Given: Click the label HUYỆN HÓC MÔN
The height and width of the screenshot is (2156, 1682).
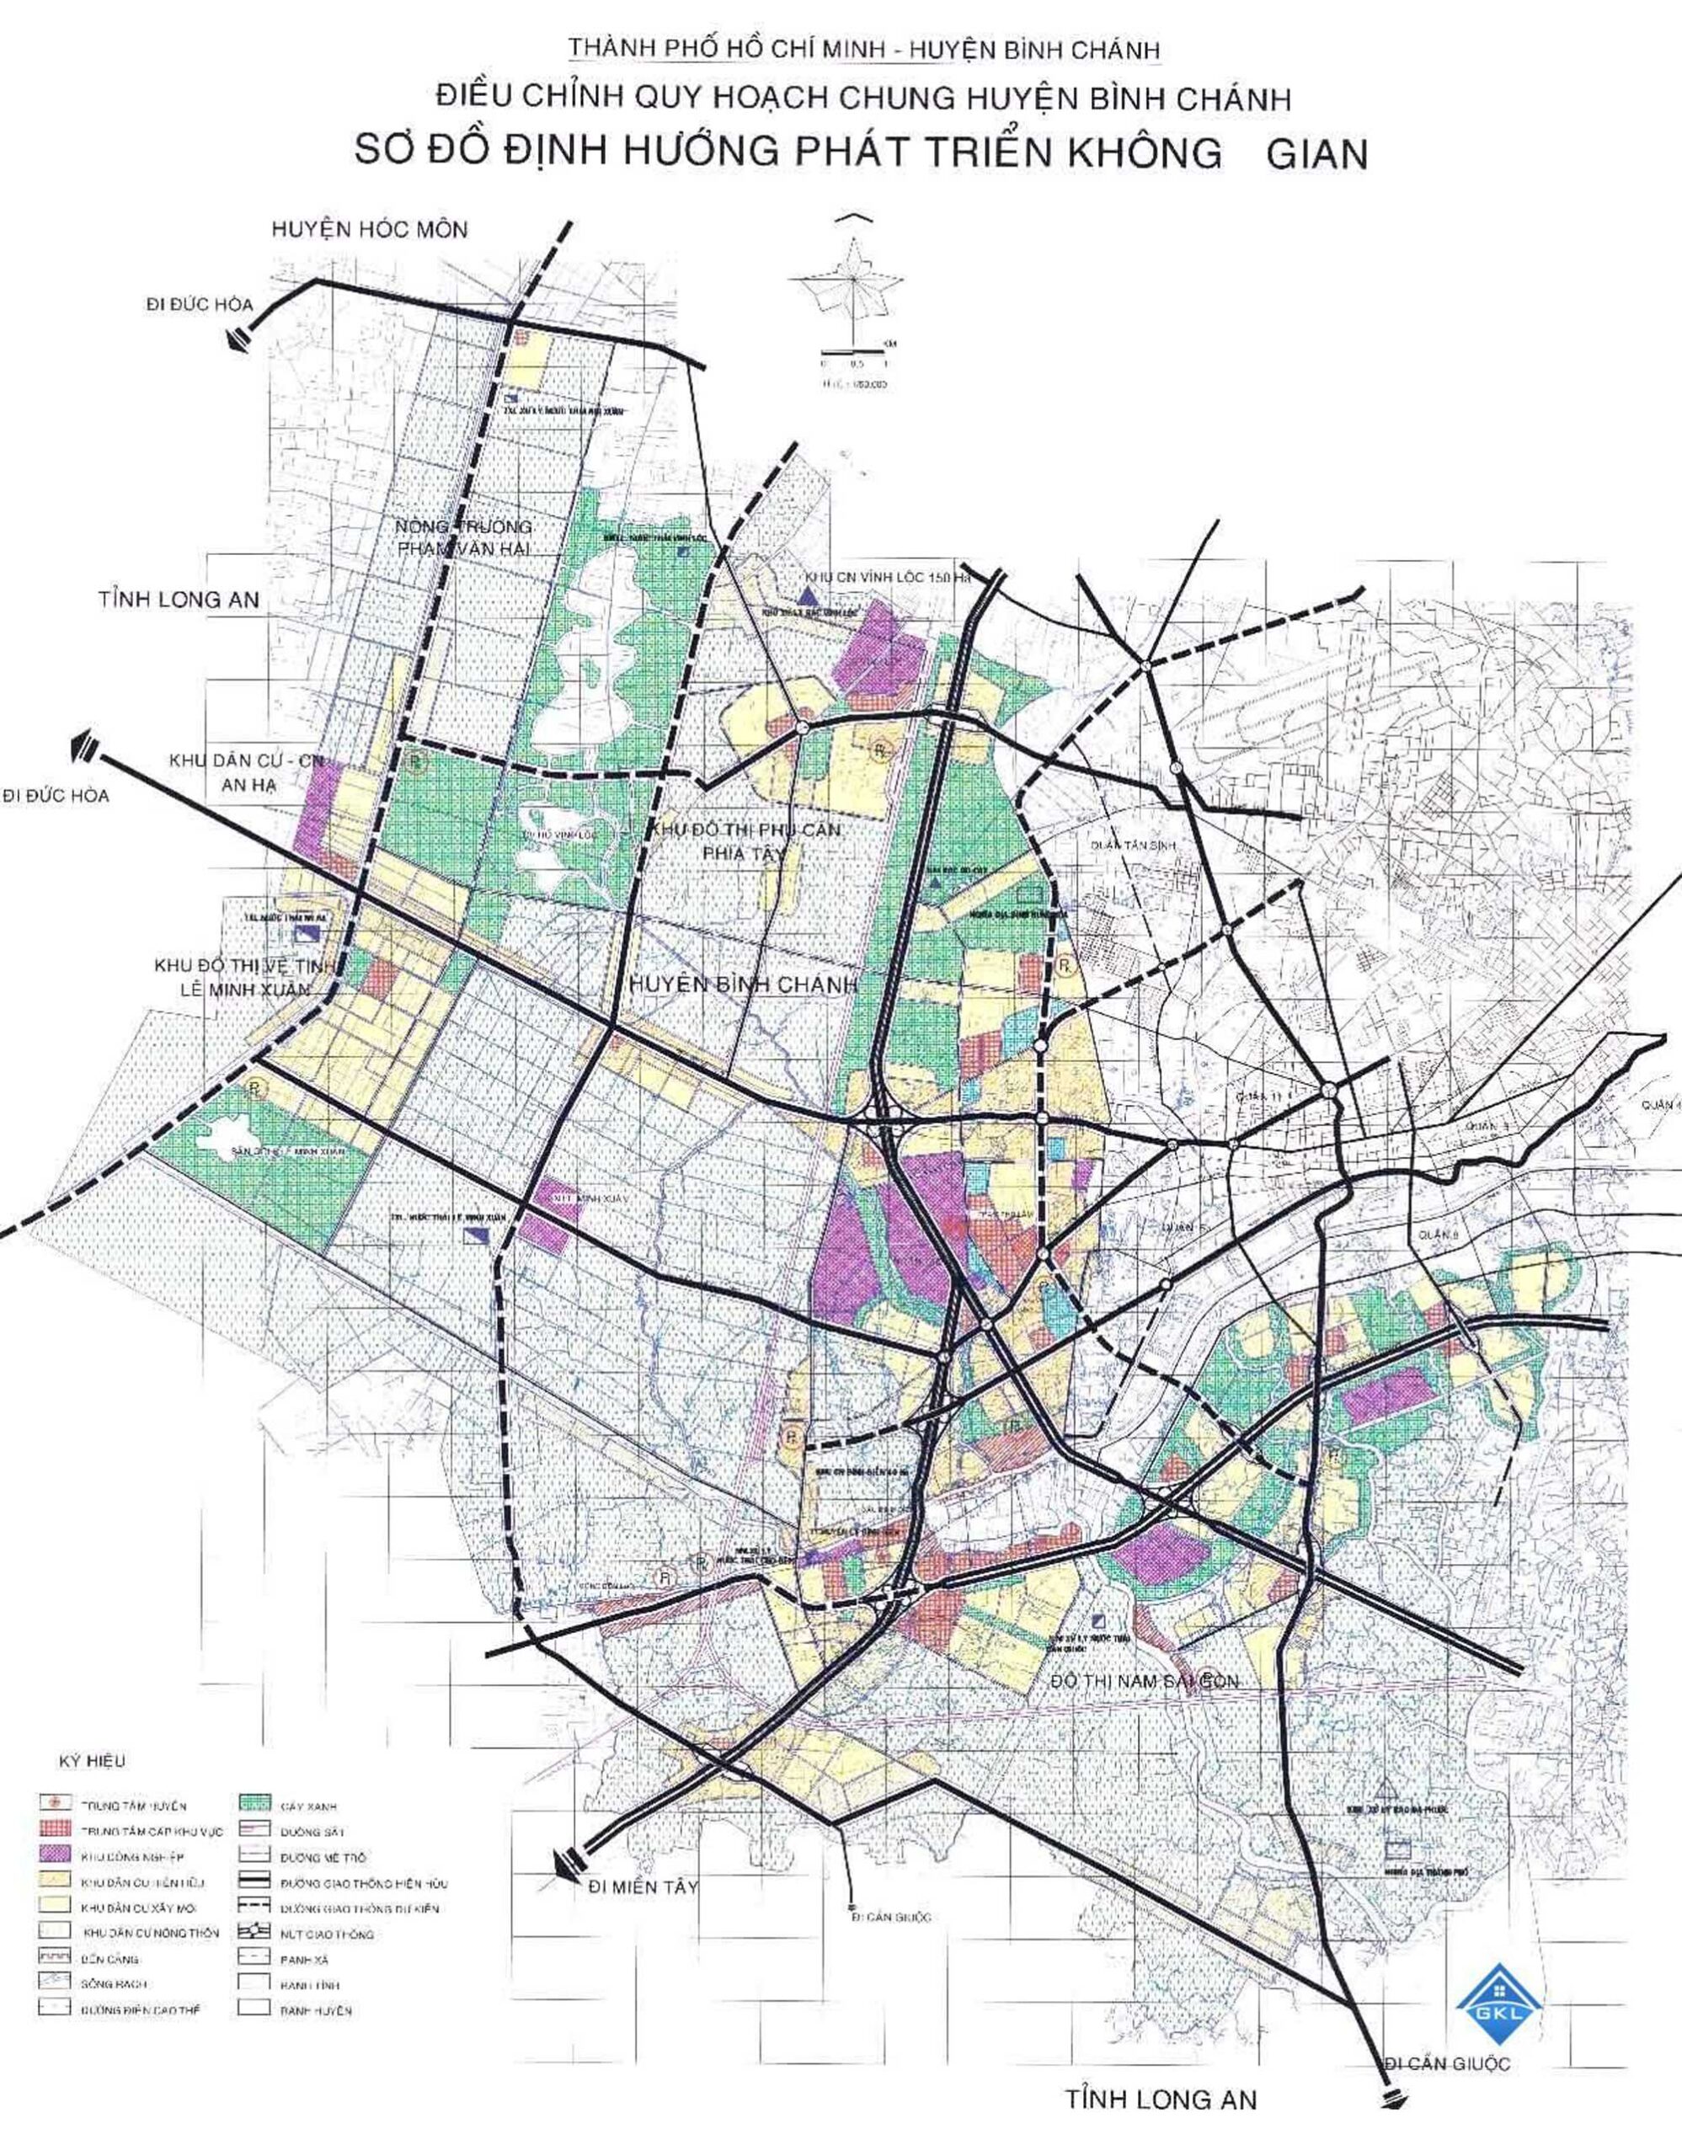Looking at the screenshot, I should click(369, 230).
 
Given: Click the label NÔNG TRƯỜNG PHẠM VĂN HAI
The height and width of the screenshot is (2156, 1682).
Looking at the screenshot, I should click(463, 536).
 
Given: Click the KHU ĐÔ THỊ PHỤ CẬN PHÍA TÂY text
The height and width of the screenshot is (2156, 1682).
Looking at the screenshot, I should click(745, 841).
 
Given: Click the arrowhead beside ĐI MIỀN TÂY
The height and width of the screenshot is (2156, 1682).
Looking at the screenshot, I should click(569, 1864).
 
